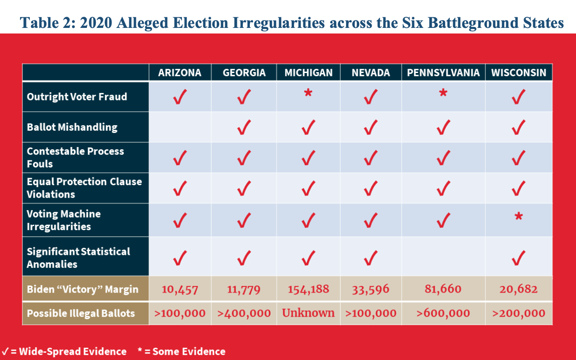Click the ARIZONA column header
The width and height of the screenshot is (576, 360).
[180, 73]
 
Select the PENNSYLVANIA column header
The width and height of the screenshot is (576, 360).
[443, 73]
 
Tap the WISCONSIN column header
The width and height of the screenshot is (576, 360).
[519, 73]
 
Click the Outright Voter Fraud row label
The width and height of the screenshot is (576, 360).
[77, 97]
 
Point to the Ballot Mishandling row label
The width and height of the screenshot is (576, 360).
[72, 127]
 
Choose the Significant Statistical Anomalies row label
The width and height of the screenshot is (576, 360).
[78, 258]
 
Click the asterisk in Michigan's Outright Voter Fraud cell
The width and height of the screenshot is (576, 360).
[308, 94]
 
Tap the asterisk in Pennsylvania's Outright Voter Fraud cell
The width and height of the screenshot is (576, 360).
[443, 94]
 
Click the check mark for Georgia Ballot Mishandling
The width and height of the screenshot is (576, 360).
[243, 127]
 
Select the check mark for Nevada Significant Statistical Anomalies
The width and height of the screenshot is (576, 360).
[370, 257]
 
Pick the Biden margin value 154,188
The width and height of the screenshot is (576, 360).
[308, 289]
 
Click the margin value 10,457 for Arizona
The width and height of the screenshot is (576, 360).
[180, 289]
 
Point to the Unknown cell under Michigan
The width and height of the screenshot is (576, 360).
[308, 313]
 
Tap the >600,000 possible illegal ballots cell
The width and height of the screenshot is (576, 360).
[443, 313]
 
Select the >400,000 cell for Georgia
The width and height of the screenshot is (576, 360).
[244, 313]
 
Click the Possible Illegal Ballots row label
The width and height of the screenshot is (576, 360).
[80, 313]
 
